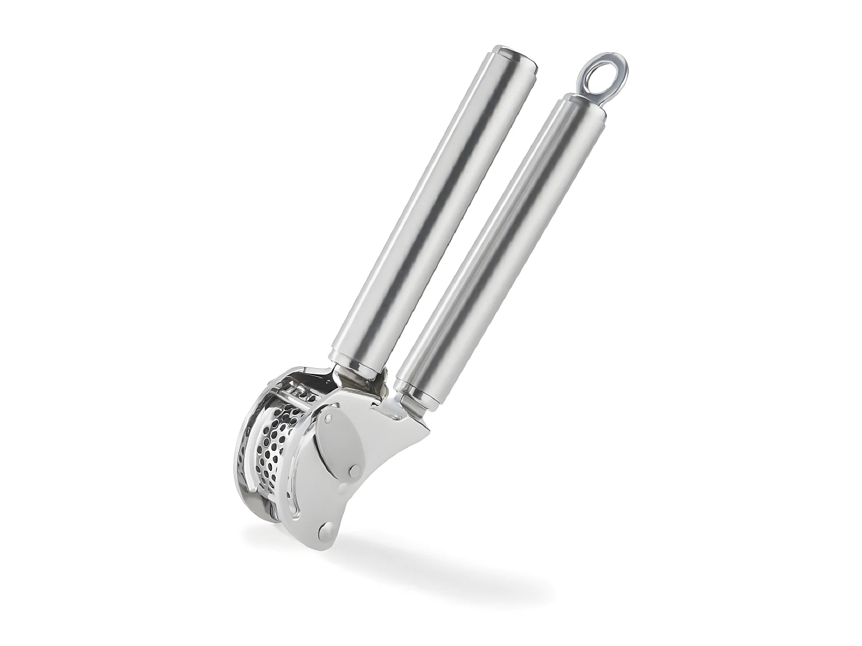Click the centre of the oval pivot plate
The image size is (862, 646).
339,439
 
